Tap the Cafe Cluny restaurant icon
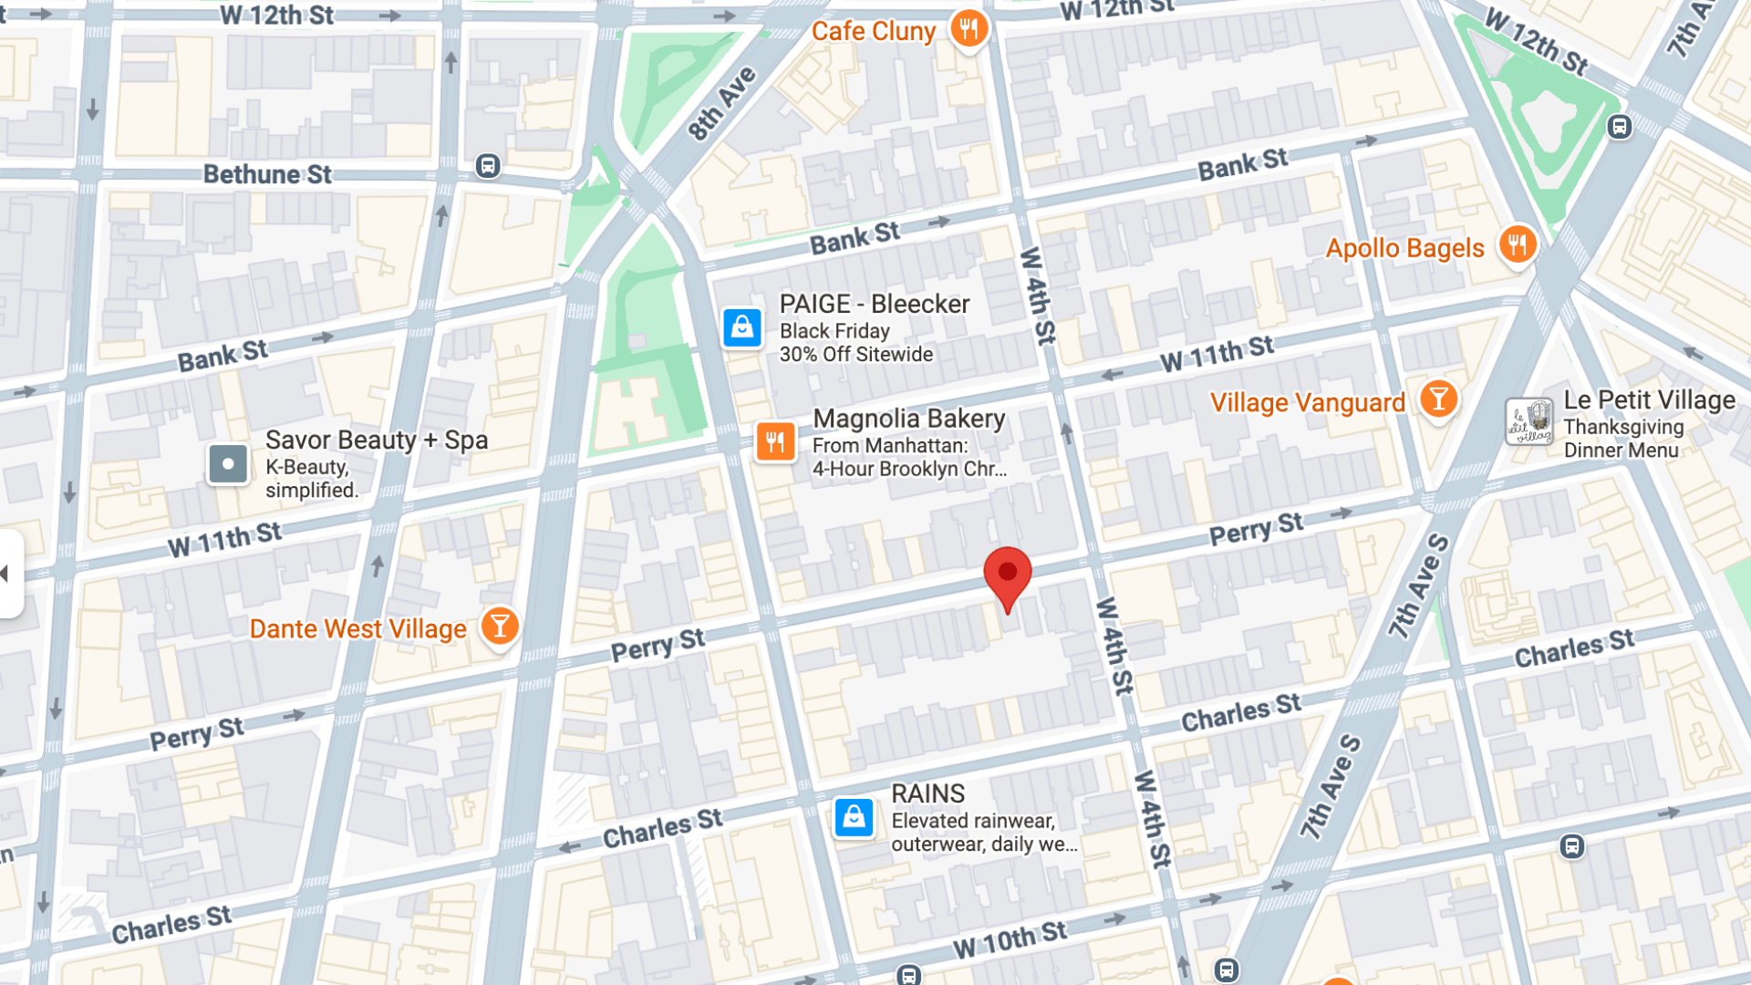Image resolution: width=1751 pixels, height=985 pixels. coord(969,29)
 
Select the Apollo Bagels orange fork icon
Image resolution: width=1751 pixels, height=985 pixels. coord(1518,244)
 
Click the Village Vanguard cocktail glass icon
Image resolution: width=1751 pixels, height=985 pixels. coord(1438,399)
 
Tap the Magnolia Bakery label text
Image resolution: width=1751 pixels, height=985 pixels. coord(908,419)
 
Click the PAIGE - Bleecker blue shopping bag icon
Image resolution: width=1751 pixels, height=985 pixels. coord(742,327)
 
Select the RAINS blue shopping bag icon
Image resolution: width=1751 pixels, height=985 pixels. coord(855,817)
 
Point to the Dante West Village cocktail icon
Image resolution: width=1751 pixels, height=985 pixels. coord(500,627)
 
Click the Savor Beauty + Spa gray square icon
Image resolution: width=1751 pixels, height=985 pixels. coord(228,463)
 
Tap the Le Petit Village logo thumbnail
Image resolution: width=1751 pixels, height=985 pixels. coord(1529,421)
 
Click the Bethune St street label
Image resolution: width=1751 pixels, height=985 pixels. coord(267,174)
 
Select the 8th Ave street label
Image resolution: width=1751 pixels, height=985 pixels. coord(721,103)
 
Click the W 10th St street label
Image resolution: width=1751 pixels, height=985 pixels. coord(1010,939)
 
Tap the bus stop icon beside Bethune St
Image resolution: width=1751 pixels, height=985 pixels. coord(488,166)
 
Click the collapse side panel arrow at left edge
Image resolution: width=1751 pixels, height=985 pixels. coord(7,574)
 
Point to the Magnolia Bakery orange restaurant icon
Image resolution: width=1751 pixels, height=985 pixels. coord(775,442)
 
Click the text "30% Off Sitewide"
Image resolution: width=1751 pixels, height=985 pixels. coord(855,355)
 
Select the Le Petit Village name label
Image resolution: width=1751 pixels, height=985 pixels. coord(1649,400)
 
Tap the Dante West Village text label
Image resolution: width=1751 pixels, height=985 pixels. coord(357,629)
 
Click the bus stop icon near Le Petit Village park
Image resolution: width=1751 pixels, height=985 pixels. coord(1620,127)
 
